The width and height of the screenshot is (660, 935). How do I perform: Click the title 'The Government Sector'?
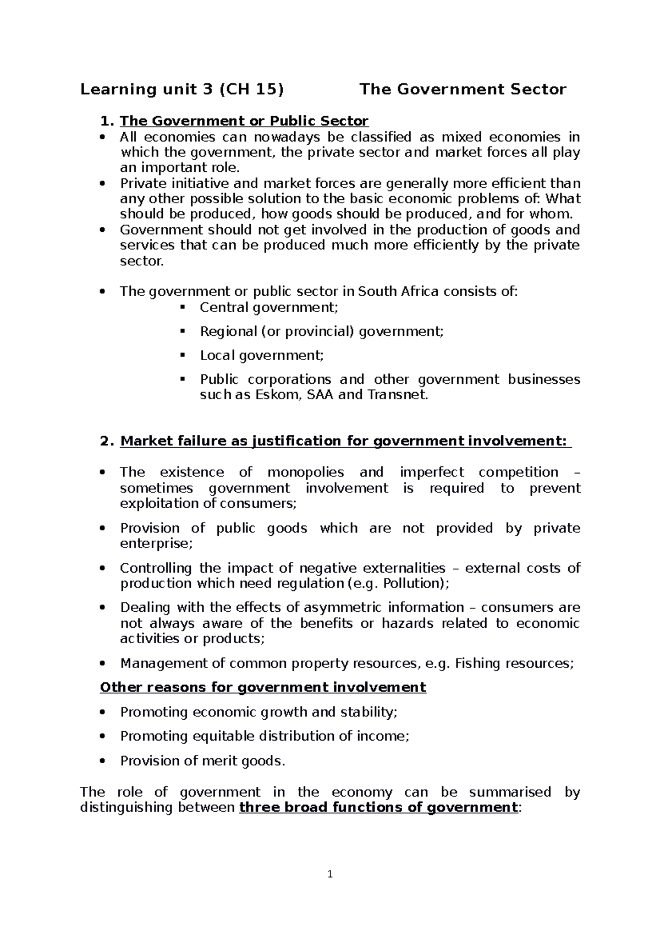463,90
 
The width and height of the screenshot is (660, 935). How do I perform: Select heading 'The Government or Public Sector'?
244,121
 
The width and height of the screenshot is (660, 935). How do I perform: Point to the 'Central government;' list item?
269,307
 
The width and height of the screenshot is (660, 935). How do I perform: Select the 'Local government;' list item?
262,355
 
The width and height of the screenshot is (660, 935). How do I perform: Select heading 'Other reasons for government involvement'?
263,687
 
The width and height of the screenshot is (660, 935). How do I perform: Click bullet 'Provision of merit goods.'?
203,760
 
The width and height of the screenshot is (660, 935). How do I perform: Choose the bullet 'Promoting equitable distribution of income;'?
265,736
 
